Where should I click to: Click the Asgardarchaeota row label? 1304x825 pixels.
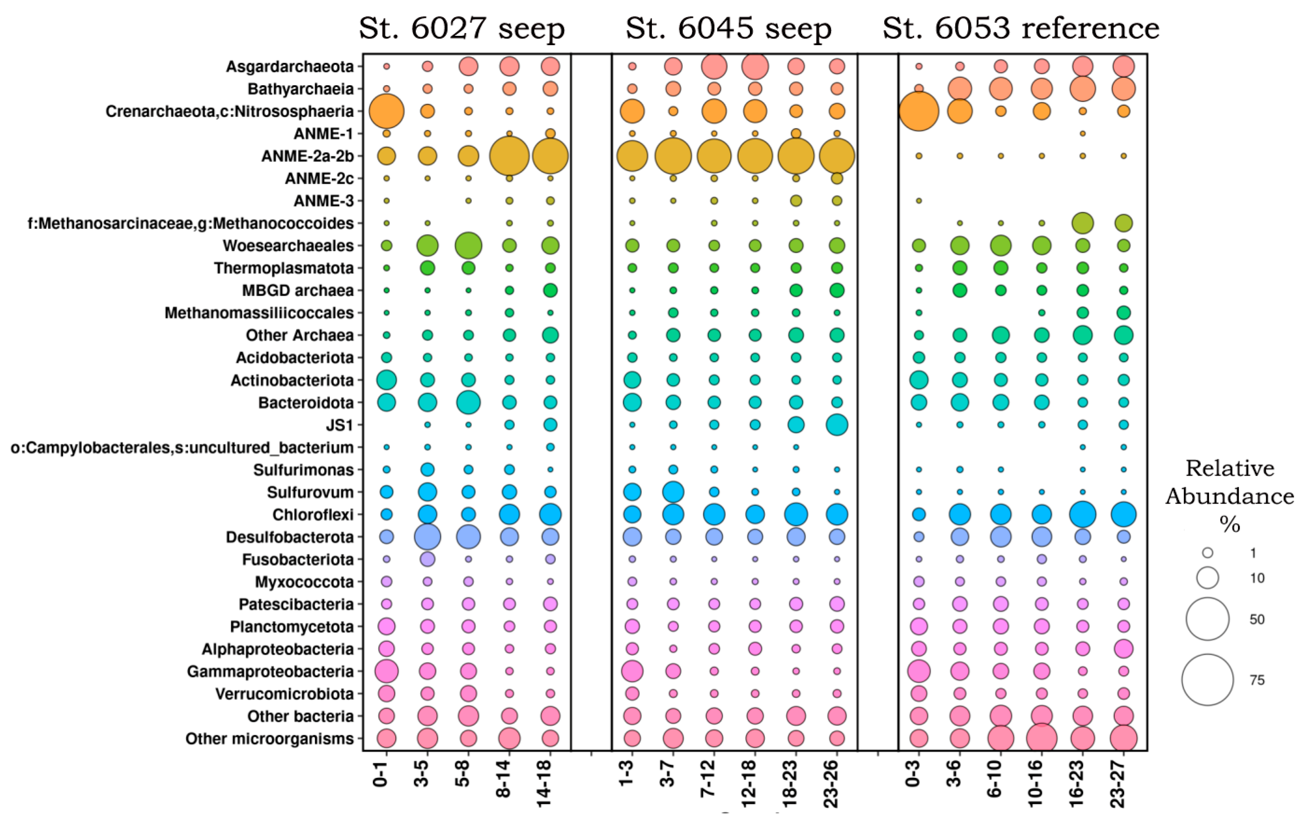290,67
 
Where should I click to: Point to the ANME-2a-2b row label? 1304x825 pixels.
308,156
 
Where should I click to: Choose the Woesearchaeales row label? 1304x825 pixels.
288,246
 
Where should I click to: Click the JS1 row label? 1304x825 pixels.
340,425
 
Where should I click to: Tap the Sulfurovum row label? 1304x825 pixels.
310,492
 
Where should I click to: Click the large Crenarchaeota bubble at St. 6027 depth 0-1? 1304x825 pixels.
386,111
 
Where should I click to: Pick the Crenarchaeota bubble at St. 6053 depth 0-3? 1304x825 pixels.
919,111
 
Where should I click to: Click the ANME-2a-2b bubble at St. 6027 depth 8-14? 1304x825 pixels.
509,156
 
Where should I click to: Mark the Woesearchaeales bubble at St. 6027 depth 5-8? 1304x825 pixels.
468,246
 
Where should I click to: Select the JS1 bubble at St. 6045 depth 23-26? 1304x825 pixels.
837,425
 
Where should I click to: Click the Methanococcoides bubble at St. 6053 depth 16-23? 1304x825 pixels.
1083,223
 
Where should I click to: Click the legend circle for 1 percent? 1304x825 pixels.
1208,552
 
